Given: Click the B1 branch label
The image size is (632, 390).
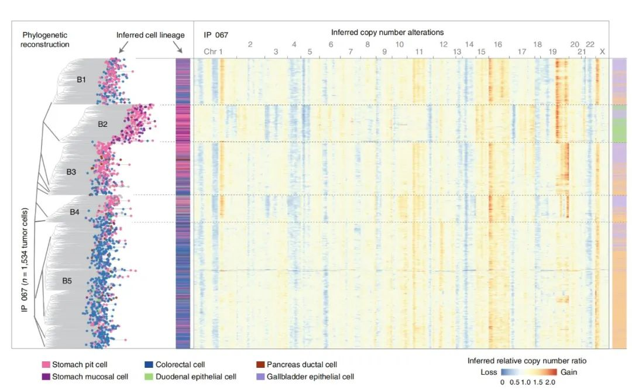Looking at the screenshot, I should (x=81, y=80).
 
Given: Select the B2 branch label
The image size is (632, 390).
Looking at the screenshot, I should (x=102, y=124).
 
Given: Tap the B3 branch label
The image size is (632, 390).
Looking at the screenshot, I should (x=71, y=172).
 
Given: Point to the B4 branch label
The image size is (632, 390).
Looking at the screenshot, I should (x=74, y=212).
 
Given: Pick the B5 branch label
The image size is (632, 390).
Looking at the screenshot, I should (x=67, y=281).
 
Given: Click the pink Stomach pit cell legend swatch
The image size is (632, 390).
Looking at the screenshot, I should (x=46, y=365).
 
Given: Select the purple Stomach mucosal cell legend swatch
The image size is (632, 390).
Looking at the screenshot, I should (x=46, y=377).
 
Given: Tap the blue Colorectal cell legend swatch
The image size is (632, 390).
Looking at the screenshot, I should (x=149, y=365).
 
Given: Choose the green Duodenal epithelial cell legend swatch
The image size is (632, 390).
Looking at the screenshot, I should (x=149, y=377).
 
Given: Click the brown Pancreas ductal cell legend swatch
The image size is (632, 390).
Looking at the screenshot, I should (x=260, y=365).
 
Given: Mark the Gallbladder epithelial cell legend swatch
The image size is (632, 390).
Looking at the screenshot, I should (x=260, y=377).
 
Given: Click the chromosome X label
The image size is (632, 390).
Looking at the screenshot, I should (x=602, y=52).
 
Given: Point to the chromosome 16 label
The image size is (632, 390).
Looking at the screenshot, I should (x=497, y=44).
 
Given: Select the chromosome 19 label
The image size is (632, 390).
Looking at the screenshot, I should (x=553, y=52).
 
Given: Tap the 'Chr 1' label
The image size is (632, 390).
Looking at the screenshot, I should (x=213, y=52).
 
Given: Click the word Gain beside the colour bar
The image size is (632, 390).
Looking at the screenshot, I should (x=569, y=372).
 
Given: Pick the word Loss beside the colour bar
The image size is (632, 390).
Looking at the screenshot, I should (x=489, y=372).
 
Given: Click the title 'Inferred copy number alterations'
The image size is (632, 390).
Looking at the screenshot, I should (x=387, y=32).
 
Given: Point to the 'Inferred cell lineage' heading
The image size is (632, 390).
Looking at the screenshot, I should (x=150, y=35).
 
